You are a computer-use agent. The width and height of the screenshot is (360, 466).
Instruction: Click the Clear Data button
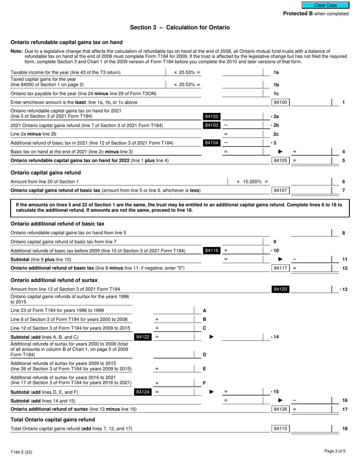(x=325, y=5)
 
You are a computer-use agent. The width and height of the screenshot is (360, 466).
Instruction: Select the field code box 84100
(x=280, y=102)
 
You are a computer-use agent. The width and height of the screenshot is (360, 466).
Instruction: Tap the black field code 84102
(x=211, y=117)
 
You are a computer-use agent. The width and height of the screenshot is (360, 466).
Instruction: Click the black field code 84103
(x=211, y=125)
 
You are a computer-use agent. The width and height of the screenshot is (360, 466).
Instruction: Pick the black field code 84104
(x=211, y=143)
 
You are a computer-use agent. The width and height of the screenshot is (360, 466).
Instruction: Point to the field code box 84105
(x=280, y=161)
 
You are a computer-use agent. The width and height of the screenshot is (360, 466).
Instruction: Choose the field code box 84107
(x=280, y=190)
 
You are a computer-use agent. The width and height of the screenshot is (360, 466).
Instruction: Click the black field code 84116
(x=211, y=250)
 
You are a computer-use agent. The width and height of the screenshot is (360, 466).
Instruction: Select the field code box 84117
(x=280, y=268)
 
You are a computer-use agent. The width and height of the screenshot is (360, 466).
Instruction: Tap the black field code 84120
(x=280, y=289)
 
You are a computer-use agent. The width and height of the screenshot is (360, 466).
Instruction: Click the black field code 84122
(x=142, y=337)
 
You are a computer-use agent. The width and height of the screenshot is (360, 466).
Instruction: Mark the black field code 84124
(x=142, y=392)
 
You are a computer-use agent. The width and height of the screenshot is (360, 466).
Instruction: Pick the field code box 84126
(x=280, y=409)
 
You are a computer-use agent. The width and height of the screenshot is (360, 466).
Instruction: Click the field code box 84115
(x=280, y=429)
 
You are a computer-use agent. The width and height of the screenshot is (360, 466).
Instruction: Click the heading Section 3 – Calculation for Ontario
(x=180, y=28)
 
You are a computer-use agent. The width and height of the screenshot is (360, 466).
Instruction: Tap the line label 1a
(x=276, y=72)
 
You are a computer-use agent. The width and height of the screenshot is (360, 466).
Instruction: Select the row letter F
(x=205, y=383)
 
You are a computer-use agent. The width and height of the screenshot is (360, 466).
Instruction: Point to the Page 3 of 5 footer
(x=335, y=451)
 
